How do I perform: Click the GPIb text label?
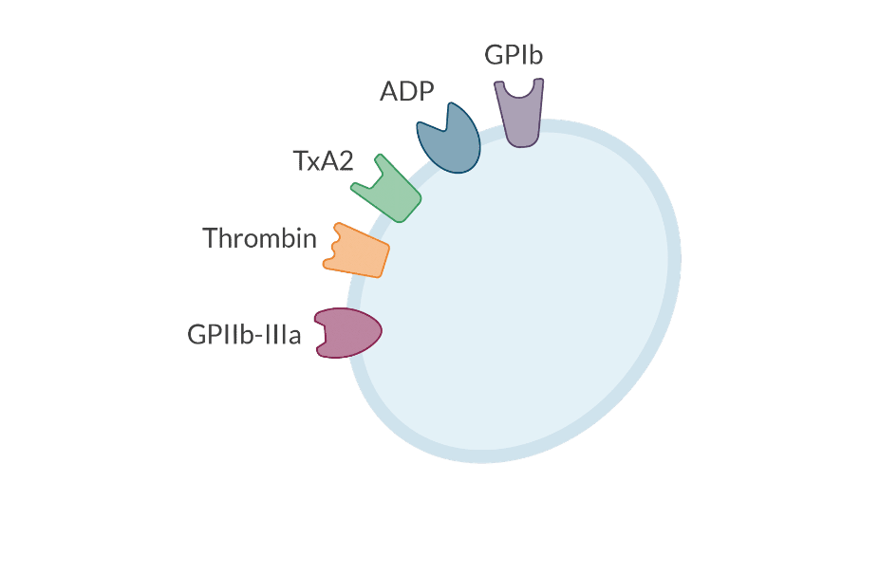(x=514, y=55)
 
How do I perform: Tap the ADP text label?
(x=406, y=91)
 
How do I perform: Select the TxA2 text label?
(x=323, y=160)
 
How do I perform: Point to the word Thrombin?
(x=259, y=238)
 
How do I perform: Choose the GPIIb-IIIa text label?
(x=244, y=335)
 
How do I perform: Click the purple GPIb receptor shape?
(x=520, y=119)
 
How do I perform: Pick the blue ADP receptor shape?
(x=453, y=143)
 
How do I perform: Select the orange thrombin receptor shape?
(x=360, y=251)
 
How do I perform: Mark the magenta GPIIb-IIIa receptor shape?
(x=351, y=332)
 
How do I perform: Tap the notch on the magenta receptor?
(x=322, y=333)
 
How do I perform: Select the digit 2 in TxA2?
(x=346, y=160)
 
